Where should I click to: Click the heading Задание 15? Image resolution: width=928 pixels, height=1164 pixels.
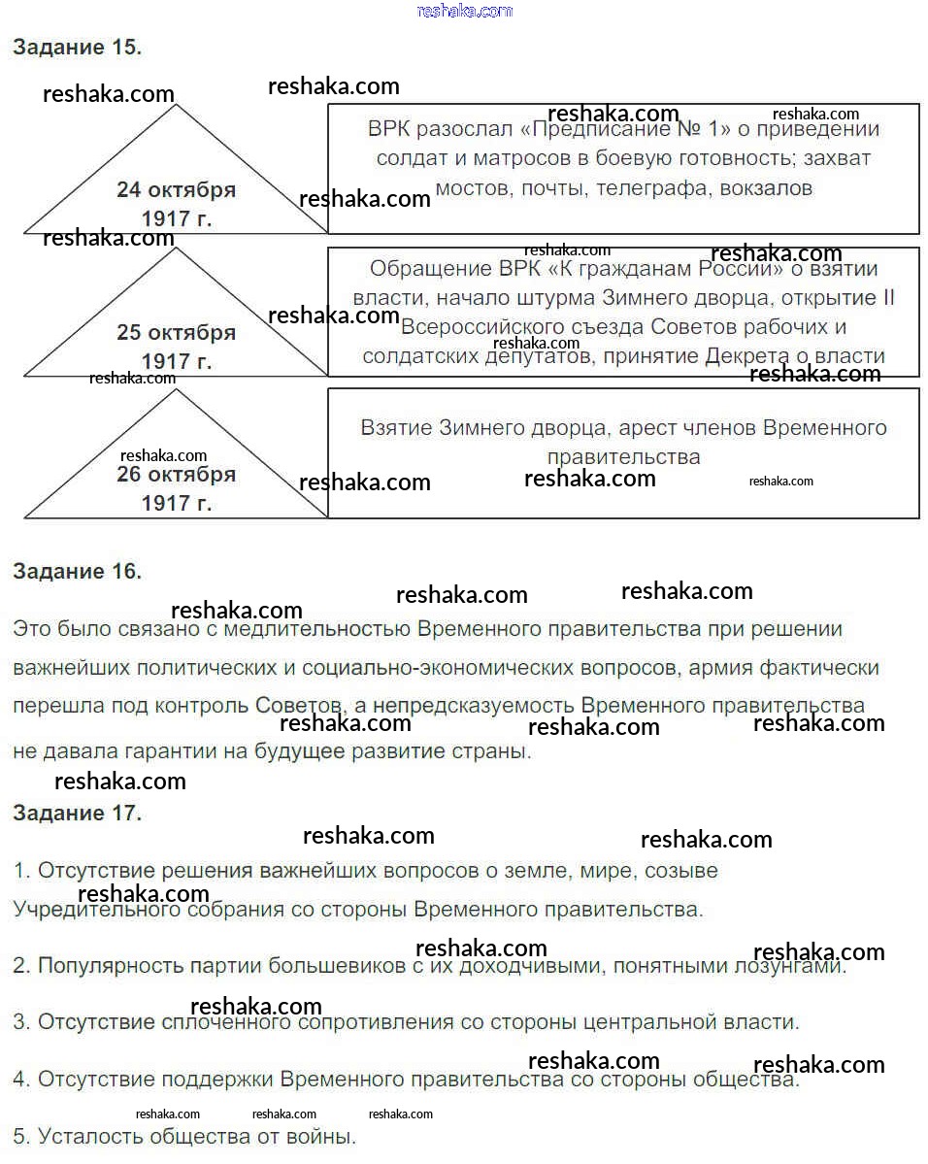pos(77,48)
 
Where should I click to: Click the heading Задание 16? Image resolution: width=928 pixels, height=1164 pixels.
pos(77,572)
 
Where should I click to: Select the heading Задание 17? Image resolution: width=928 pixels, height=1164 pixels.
pos(77,814)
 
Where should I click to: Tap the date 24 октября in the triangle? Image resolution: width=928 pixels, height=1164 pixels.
pos(176,190)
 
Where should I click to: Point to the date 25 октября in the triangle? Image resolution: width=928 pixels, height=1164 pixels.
pos(176,333)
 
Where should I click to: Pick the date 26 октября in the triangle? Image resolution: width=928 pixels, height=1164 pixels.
pos(176,475)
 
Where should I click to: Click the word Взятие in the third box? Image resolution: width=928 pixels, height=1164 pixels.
pos(396,427)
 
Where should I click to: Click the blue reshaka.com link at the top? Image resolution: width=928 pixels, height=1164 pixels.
pos(464,11)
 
